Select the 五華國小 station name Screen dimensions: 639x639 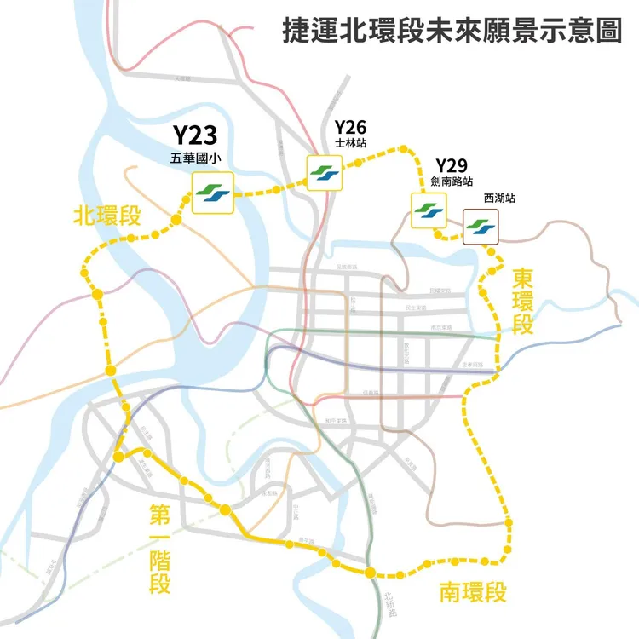click(195, 158)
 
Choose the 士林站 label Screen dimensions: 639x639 click(350, 145)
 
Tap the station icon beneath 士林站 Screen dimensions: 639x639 click(324, 172)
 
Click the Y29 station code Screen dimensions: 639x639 click(452, 165)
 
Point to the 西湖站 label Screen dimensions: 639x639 click(499, 199)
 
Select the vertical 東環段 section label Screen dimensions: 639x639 click(522, 302)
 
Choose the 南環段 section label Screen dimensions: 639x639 click(474, 592)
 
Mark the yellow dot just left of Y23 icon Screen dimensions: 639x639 click(176, 222)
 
